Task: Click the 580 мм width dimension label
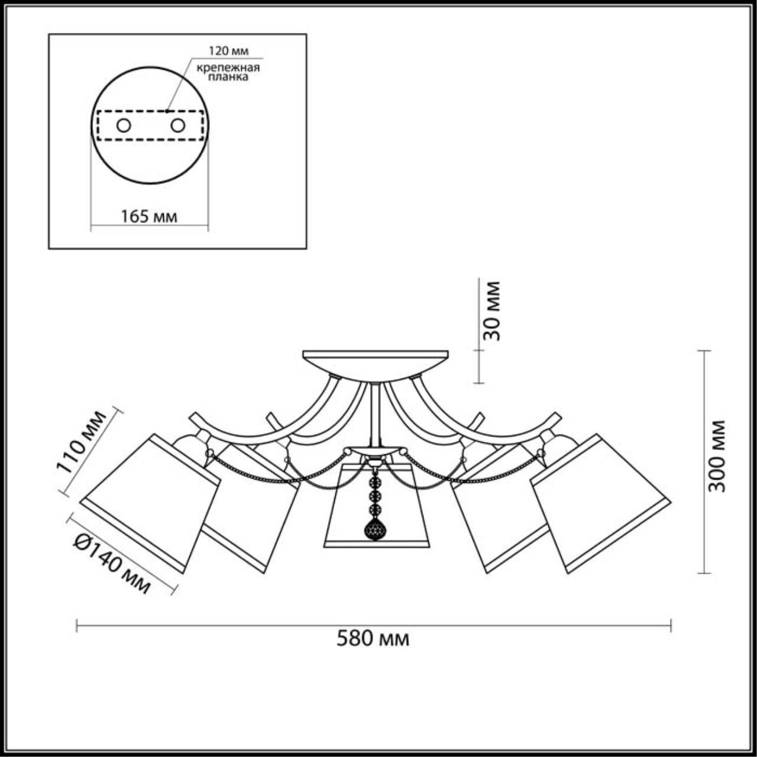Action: tap(373, 639)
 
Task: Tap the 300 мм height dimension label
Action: tap(717, 455)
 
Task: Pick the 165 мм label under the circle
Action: tap(149, 216)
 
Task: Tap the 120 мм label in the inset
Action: tap(228, 50)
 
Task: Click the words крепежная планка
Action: tap(228, 72)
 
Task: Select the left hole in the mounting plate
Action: tap(124, 125)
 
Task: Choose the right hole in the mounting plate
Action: tap(177, 125)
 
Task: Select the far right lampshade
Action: tap(600, 503)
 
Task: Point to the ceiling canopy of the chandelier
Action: tap(376, 362)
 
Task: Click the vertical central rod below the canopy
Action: tap(375, 414)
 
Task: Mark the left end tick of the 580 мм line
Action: tap(77, 626)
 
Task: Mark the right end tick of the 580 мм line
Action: tap(670, 626)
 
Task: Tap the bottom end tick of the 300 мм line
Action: tap(703, 572)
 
